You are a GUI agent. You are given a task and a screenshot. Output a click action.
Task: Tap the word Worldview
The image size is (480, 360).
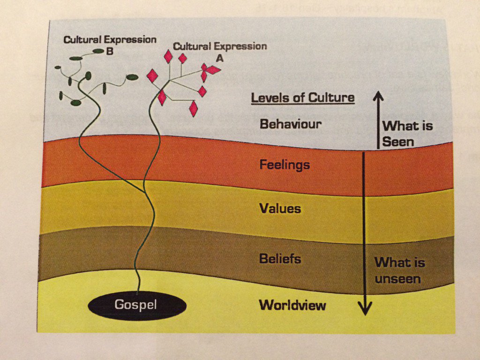coord(292,305)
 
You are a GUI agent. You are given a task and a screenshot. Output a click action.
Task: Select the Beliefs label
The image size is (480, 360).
coord(280,259)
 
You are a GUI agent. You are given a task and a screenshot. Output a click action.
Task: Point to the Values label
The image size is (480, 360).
coord(280,208)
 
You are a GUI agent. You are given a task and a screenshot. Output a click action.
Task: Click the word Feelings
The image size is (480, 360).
coord(285,165)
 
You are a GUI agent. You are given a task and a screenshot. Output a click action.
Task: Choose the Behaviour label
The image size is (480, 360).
coord(291,124)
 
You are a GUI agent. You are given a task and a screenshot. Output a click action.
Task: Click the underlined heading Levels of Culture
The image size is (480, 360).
coord(303,98)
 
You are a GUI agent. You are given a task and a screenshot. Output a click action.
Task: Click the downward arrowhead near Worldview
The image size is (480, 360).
coord(365,309)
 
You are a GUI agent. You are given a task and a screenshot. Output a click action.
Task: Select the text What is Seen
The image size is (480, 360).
coord(407,133)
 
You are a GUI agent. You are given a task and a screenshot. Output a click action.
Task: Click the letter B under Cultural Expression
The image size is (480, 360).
coord(110,52)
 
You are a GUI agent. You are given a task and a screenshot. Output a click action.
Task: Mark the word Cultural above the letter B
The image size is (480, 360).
coord(82,40)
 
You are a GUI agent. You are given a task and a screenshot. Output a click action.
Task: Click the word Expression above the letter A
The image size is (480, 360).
coord(240,46)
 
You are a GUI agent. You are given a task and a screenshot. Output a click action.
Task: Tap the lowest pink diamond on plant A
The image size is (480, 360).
coord(193,109)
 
